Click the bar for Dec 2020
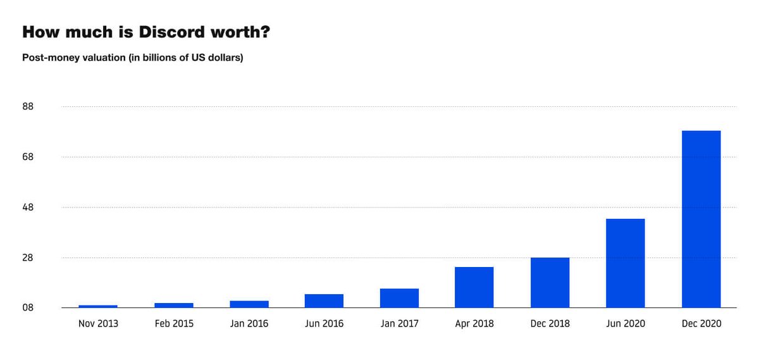click(x=701, y=219)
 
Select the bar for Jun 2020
click(x=625, y=263)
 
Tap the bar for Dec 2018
click(x=550, y=282)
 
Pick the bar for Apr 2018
click(x=474, y=287)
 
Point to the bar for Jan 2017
click(x=399, y=298)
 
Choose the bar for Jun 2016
click(x=324, y=301)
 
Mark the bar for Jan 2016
click(x=249, y=304)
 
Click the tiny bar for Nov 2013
click(x=98, y=306)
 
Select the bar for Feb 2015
click(x=173, y=305)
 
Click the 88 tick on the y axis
click(x=28, y=106)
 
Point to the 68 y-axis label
click(x=28, y=157)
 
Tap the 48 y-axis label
click(x=28, y=208)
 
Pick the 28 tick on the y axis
click(x=28, y=258)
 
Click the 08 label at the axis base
click(x=28, y=308)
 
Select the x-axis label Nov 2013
click(x=98, y=323)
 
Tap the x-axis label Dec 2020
click(x=701, y=323)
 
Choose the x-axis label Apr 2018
click(x=474, y=323)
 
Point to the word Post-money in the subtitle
click(x=47, y=58)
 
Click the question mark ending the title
click(x=265, y=32)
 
